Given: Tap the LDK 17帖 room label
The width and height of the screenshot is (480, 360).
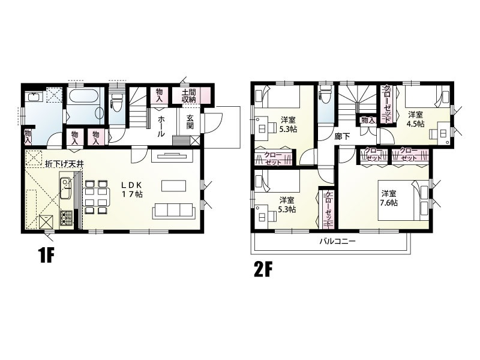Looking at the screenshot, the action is pyautogui.click(x=132, y=190).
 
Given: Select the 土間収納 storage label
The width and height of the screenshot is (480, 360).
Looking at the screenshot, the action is pyautogui.click(x=190, y=95).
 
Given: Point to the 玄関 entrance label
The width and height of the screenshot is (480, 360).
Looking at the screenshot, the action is pyautogui.click(x=190, y=122).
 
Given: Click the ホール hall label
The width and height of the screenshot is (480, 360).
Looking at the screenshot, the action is pyautogui.click(x=161, y=126).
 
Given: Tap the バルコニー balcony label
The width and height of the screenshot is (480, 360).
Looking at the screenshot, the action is pyautogui.click(x=337, y=241).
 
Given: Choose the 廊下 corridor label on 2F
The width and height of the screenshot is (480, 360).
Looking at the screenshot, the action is pyautogui.click(x=342, y=136).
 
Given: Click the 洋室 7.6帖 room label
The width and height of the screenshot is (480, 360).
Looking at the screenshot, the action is pyautogui.click(x=389, y=198).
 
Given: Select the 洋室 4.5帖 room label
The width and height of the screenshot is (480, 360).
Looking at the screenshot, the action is pyautogui.click(x=416, y=119).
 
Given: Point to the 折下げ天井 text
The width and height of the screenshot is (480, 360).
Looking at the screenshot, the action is pyautogui.click(x=64, y=164).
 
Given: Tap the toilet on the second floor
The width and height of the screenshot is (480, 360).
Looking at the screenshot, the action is pyautogui.click(x=325, y=92).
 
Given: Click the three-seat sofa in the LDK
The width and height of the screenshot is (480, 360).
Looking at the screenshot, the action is pyautogui.click(x=174, y=211).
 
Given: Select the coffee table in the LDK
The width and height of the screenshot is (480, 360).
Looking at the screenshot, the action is pyautogui.click(x=173, y=186).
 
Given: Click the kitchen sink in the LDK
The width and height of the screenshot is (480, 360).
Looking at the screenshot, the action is pyautogui.click(x=65, y=188).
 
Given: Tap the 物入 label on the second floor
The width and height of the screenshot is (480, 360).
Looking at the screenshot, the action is pyautogui.click(x=368, y=120).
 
